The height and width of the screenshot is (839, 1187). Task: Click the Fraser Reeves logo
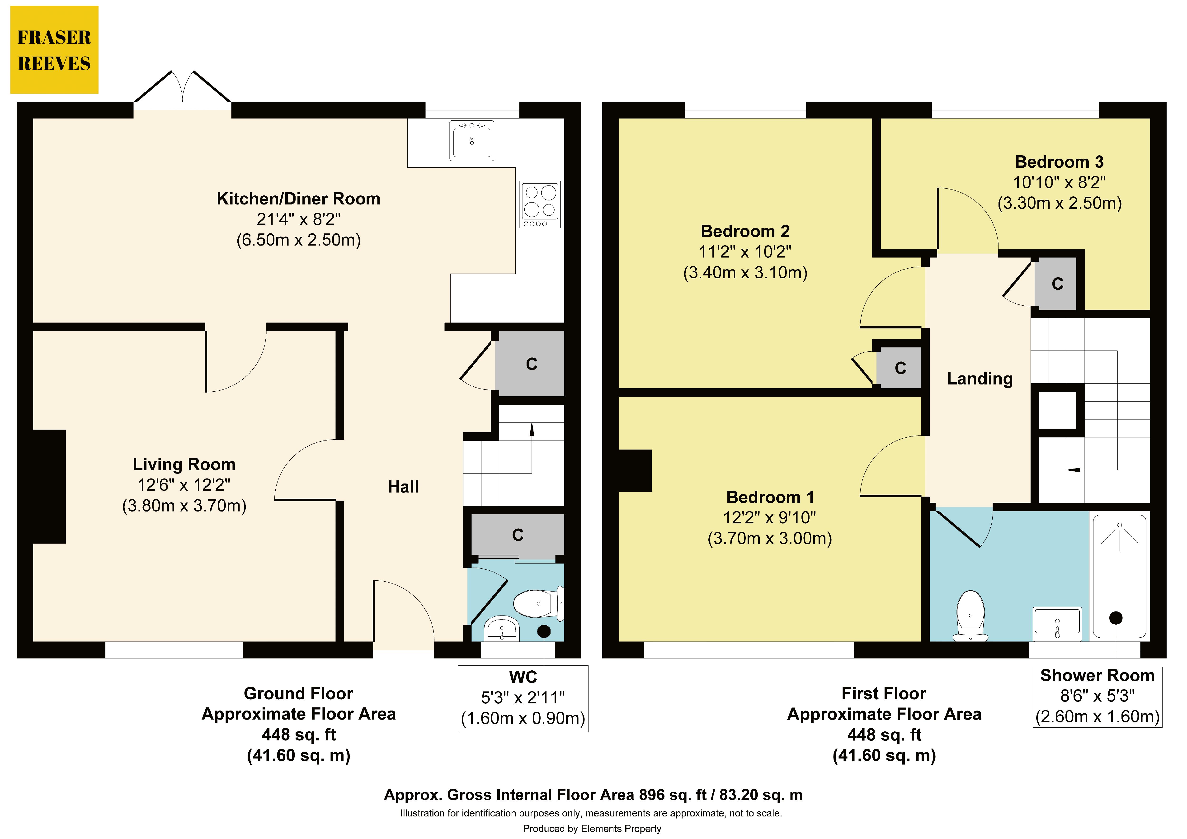point(54,50)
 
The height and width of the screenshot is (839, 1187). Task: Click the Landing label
point(979,379)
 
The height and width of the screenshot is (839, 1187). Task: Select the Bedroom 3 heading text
point(1059,162)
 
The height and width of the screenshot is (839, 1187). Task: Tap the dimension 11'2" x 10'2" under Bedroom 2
point(745,252)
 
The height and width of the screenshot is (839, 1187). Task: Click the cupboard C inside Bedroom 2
point(900,368)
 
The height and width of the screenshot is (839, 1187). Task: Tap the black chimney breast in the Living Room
point(49,486)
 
